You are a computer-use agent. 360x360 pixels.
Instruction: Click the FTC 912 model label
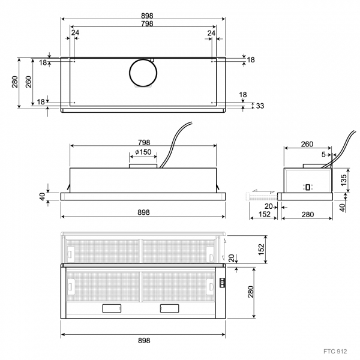[335, 351]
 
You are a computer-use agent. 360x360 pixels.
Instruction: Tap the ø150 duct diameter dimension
[143, 152]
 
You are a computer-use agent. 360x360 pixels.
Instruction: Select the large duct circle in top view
[143, 73]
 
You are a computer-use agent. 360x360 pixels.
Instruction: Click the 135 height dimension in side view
[344, 180]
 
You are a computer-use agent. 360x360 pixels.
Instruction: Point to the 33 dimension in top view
[260, 106]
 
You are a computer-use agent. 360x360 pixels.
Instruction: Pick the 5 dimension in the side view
[323, 155]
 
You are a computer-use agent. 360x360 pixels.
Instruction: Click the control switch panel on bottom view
[223, 283]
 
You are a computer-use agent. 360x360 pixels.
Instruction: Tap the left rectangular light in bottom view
[112, 308]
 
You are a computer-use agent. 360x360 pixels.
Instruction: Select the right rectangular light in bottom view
[169, 308]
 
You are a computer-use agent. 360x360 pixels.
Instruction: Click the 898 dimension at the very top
[147, 16]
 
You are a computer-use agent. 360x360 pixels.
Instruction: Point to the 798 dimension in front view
[144, 143]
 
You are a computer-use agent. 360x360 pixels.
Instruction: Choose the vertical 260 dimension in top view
[28, 82]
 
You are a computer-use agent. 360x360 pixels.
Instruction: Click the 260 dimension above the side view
[307, 144]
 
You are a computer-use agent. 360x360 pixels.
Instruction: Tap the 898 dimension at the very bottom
[144, 340]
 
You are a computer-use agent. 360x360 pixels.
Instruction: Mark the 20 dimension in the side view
[268, 206]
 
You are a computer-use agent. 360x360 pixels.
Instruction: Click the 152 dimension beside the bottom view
[261, 250]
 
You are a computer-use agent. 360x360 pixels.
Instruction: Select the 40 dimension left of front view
[42, 197]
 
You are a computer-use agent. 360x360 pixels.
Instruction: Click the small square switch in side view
[308, 187]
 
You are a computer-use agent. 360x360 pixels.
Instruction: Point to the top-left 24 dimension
[75, 32]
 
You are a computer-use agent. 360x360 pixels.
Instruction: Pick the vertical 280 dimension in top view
[14, 82]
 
